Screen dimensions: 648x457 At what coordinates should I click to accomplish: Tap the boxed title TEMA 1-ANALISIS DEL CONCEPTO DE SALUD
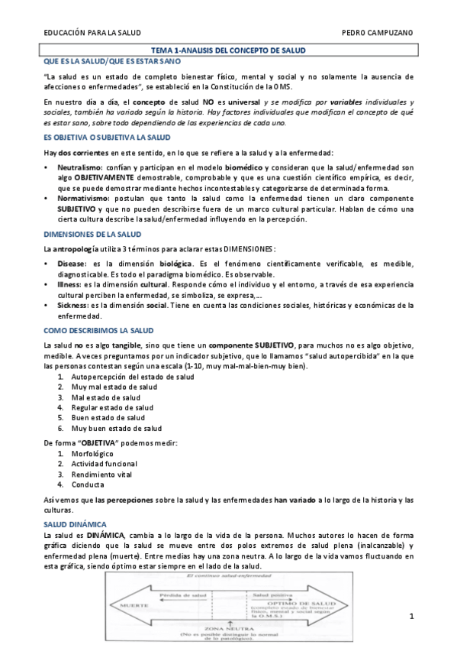[228, 50]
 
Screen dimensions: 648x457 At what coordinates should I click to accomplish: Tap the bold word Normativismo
[82, 196]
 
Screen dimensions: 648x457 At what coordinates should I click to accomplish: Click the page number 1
[410, 617]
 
